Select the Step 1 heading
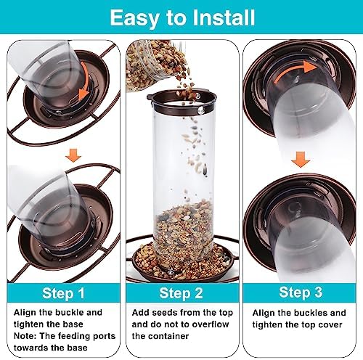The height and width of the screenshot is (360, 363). click(x=63, y=293)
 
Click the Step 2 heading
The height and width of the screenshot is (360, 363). click(x=181, y=293)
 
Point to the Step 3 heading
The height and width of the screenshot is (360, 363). click(x=301, y=292)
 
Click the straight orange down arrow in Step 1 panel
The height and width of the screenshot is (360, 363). click(x=73, y=155)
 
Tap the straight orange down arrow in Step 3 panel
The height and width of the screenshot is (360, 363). click(x=301, y=160)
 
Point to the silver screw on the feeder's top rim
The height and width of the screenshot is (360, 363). click(x=200, y=111)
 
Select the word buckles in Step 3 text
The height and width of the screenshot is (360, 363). click(x=311, y=313)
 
